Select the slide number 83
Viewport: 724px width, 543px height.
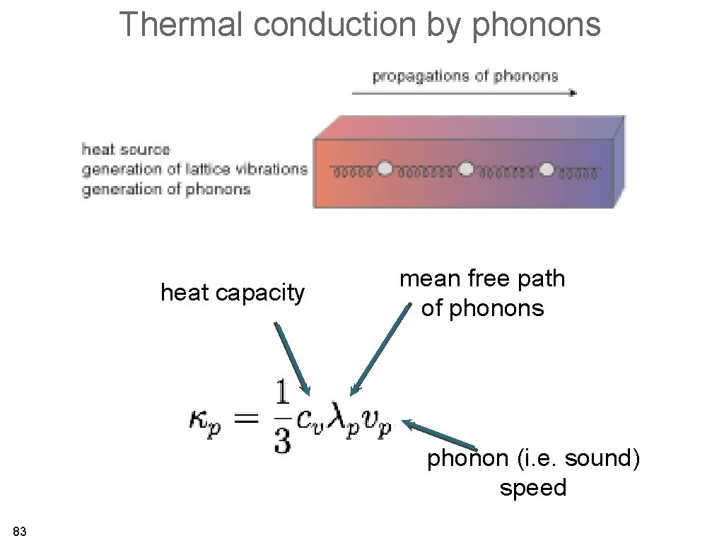pos(20,532)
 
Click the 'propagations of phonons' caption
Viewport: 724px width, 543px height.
pos(465,76)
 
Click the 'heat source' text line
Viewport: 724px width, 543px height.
pos(127,149)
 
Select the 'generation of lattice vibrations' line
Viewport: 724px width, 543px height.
pos(194,169)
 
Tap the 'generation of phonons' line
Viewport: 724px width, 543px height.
pos(166,189)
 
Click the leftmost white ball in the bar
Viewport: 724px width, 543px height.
pos(385,169)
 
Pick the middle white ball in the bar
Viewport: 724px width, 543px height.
pos(466,169)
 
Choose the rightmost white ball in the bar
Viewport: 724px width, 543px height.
pos(547,169)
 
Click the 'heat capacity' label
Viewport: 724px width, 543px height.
pos(233,292)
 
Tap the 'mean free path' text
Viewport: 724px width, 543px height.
pos(482,279)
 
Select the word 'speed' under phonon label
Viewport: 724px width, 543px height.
pos(533,488)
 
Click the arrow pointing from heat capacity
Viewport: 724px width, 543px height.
pos(292,358)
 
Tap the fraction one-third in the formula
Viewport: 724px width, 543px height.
pos(281,417)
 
